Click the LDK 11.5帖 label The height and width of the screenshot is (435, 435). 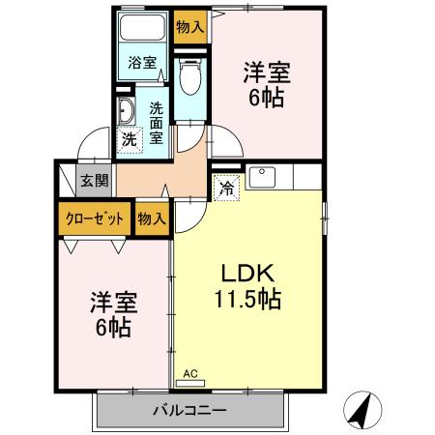click(246, 286)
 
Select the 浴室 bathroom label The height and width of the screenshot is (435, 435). click(143, 63)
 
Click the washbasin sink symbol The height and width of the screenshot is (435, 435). click(125, 111)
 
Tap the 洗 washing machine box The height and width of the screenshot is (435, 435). click(130, 139)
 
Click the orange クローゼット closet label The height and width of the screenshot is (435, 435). click(94, 217)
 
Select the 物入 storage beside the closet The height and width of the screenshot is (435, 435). click(151, 217)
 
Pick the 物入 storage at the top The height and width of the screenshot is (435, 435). click(190, 26)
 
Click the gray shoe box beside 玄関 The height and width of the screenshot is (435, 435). click(65, 180)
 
